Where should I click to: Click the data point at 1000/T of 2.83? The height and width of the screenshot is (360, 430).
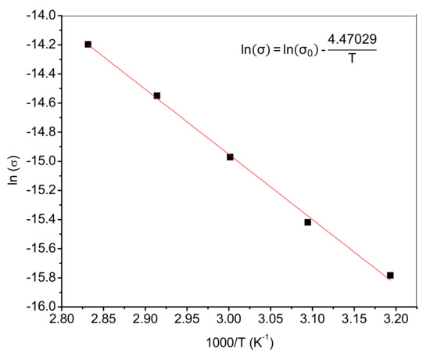88,44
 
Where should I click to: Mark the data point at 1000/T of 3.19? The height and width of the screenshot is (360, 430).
390,275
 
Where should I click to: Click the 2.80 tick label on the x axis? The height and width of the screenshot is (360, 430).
63,321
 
